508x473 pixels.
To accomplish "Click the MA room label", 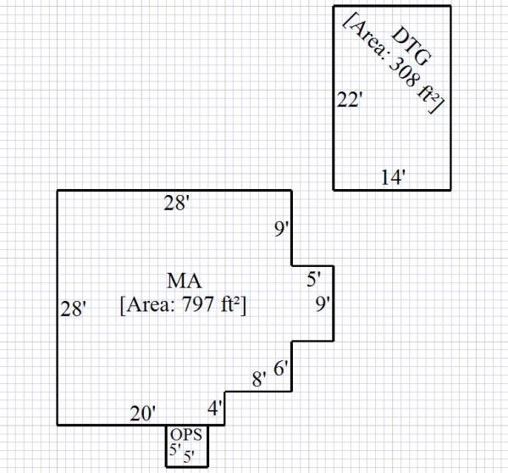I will tap(183, 281).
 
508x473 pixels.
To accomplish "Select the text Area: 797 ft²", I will tap(184, 304).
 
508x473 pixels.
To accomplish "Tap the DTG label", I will tap(412, 47).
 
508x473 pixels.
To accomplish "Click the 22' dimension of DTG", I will tap(350, 99).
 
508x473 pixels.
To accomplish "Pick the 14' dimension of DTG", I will tap(393, 177).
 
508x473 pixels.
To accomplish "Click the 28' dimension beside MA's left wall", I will tap(74, 309).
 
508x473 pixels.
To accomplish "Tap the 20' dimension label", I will tap(142, 413).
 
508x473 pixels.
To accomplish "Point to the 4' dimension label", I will tap(216, 407).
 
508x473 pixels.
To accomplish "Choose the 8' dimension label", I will tap(260, 379).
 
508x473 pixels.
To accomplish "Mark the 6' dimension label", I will tap(282, 369).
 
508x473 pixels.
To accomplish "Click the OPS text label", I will tap(186, 435).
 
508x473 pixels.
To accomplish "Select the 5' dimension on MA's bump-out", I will tap(313, 277).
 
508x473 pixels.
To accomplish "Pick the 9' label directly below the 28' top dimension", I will tap(282, 229).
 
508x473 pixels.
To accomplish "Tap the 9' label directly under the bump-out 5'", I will tap(323, 304).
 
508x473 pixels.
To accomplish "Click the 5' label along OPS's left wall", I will tap(174, 449).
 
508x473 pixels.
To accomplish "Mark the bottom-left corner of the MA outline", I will tap(58, 424).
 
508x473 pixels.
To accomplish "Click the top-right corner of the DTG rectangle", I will tap(450, 7).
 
